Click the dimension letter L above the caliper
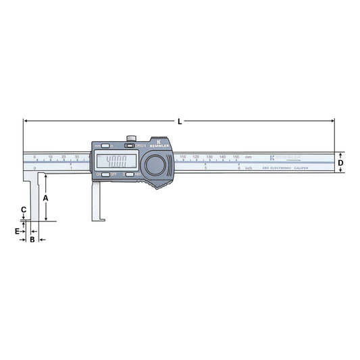coord(180,122)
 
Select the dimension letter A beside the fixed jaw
coord(46,198)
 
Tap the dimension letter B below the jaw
coord(32,239)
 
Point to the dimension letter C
coord(24,210)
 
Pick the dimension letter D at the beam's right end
coord(341,163)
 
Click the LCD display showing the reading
coord(117,161)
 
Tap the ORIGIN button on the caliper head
coord(129,145)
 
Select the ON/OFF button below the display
coord(105,175)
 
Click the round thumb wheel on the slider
coord(155,165)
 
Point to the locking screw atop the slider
coord(129,139)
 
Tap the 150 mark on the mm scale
coord(236,157)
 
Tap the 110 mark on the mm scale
coord(182,157)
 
